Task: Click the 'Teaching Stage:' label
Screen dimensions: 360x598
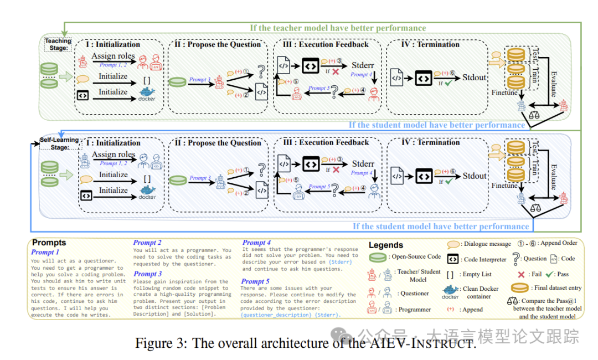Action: [58, 44]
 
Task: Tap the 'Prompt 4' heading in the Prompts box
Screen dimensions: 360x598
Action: [256, 243]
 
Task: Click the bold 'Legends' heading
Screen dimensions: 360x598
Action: [386, 245]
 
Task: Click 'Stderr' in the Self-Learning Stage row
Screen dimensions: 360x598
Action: [363, 164]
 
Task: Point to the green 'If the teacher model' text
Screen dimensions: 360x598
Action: [337, 28]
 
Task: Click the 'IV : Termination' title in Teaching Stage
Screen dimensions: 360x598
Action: [431, 44]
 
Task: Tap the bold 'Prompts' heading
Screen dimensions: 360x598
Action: [49, 243]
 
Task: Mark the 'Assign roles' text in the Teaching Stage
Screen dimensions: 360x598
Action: [113, 56]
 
